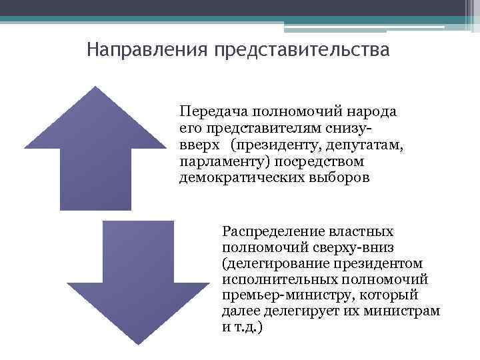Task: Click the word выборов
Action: tap(331, 177)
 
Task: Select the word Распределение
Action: tap(269, 231)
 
